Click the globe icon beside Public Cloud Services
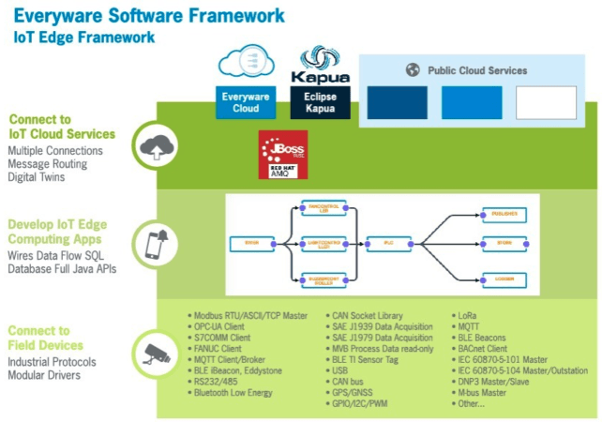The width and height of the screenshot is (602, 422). (412, 70)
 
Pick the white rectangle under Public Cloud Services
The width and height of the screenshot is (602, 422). (546, 102)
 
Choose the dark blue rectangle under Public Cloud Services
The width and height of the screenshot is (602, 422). (397, 102)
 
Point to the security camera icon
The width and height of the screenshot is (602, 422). (154, 353)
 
